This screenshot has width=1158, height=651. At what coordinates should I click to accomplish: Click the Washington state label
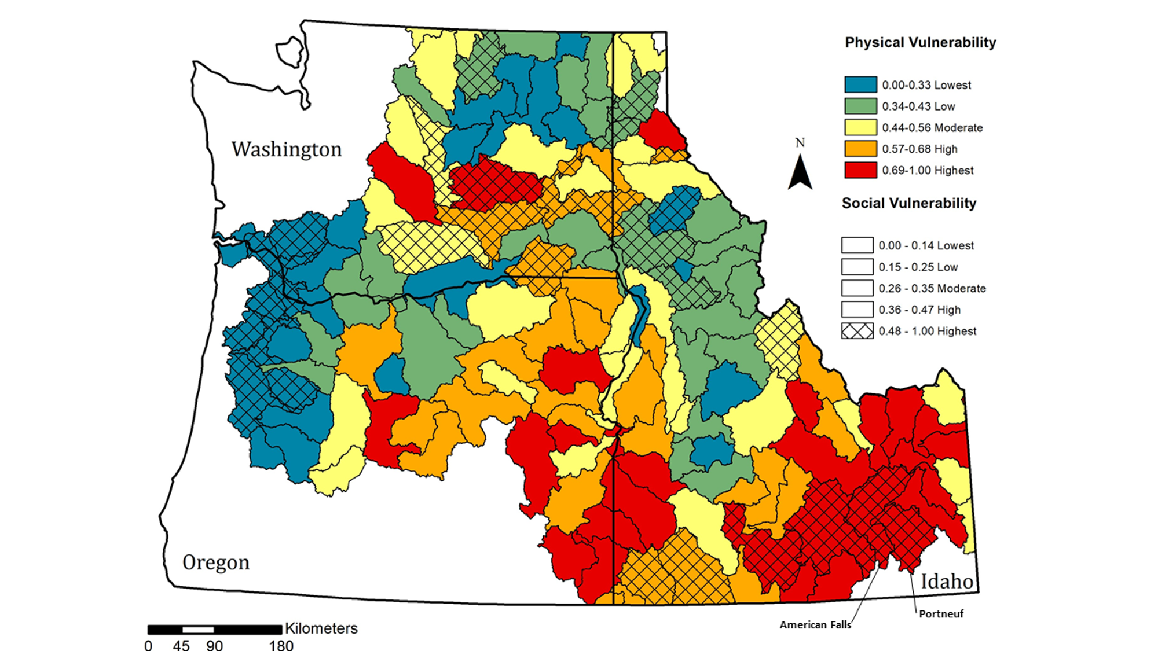pos(287,149)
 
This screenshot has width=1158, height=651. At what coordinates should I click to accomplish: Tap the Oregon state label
pos(216,562)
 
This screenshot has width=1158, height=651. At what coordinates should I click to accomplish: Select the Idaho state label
pos(947,581)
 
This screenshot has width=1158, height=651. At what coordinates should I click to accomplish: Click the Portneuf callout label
pos(941,614)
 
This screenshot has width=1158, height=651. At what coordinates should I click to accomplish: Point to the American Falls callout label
pos(815,625)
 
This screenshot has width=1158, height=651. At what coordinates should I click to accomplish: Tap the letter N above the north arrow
pos(800,142)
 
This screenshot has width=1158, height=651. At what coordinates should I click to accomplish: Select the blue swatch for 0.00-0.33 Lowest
pos(860,85)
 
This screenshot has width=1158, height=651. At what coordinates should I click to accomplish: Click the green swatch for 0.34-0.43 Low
pos(860,106)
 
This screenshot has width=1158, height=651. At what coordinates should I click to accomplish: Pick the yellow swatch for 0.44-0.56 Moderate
pos(860,128)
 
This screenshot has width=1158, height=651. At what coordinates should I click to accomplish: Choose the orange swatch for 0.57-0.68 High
pos(860,149)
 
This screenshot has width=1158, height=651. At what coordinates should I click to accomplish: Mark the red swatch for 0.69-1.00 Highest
pos(860,170)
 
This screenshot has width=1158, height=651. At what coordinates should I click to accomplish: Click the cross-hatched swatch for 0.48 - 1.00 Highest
pos(857,331)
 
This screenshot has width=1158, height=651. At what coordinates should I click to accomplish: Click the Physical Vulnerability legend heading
pos(920,42)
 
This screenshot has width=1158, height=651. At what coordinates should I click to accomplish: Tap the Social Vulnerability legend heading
pos(908,203)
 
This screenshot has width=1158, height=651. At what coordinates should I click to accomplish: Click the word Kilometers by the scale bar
pos(321,628)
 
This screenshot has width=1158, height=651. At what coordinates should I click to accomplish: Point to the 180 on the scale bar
pos(281,645)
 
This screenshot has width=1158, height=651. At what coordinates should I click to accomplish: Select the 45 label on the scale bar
pos(181,645)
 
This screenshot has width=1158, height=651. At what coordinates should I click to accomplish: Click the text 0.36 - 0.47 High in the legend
pos(919,310)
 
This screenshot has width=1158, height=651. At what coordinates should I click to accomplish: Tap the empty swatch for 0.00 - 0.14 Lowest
pos(857,245)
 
